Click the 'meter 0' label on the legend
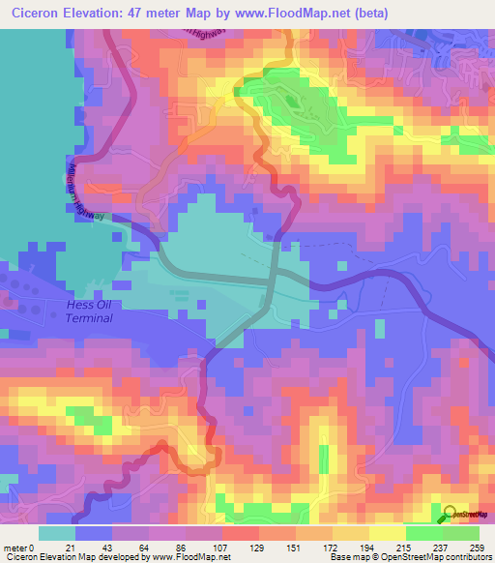20,548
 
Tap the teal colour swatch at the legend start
57,533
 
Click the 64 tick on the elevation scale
155,548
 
